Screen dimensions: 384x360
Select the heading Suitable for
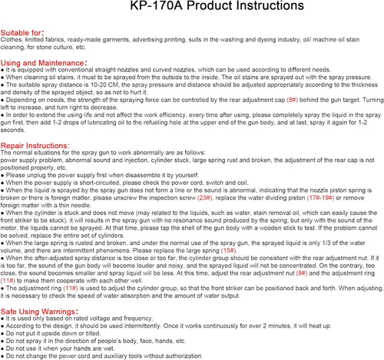(x=22, y=33)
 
